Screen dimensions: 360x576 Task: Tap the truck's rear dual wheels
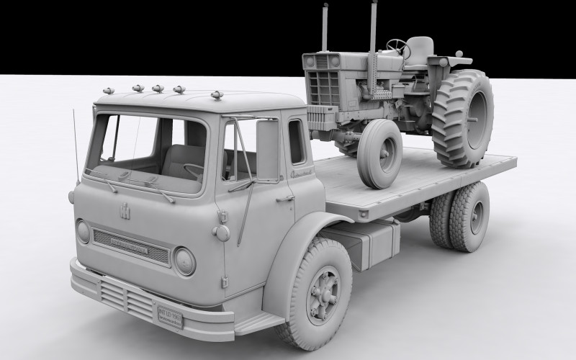click(461, 217)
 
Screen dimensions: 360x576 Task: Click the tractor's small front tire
click(379, 153)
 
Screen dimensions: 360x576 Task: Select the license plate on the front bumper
click(170, 315)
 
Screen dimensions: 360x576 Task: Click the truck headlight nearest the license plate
click(184, 261)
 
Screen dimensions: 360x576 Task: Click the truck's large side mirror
click(267, 150)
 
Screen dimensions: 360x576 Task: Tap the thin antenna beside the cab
click(75, 148)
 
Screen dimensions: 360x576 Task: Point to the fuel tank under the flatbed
click(371, 242)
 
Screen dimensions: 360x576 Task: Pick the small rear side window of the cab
click(296, 141)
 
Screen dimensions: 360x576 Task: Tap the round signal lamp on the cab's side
click(221, 233)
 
